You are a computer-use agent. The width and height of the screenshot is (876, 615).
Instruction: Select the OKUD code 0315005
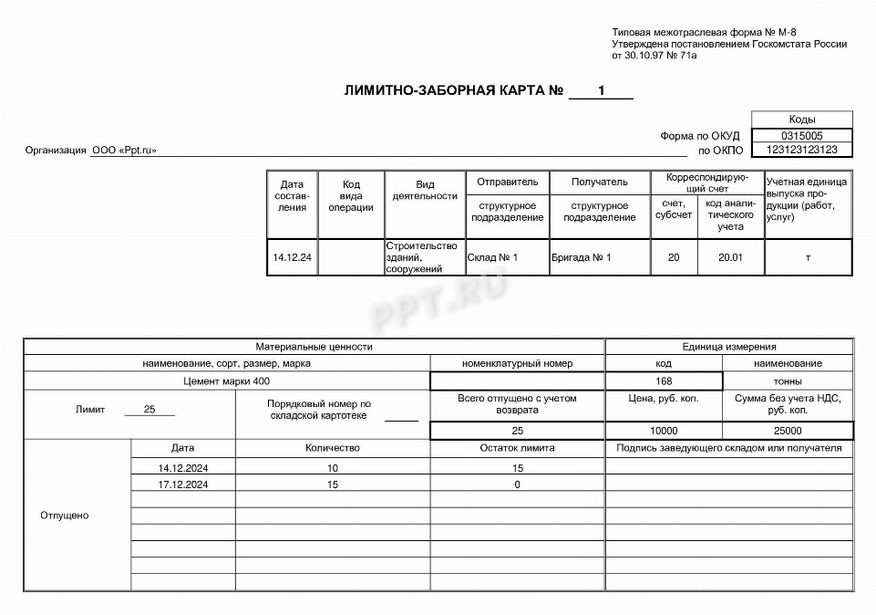pyautogui.click(x=802, y=136)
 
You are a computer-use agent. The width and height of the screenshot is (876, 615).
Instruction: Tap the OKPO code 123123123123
pyautogui.click(x=802, y=150)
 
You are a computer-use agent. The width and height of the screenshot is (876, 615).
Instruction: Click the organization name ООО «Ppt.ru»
pyautogui.click(x=124, y=151)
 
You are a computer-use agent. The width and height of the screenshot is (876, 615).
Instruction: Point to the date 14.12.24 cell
pyautogui.click(x=292, y=257)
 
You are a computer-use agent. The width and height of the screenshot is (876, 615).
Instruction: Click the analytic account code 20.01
pyautogui.click(x=730, y=257)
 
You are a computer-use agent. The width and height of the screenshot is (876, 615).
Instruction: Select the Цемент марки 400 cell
pyautogui.click(x=226, y=380)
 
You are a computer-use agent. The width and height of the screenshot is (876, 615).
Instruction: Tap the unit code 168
pyautogui.click(x=664, y=380)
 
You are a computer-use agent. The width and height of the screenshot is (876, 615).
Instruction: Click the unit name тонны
pyautogui.click(x=788, y=380)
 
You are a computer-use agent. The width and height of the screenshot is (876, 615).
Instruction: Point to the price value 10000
pyautogui.click(x=664, y=431)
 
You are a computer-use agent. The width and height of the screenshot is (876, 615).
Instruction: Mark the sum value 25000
pyautogui.click(x=788, y=431)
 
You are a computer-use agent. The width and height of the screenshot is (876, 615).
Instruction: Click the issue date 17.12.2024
pyautogui.click(x=182, y=485)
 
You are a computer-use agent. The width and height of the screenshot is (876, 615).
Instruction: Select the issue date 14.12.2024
pyautogui.click(x=182, y=468)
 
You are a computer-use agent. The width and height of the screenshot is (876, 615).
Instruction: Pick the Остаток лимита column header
pyautogui.click(x=517, y=448)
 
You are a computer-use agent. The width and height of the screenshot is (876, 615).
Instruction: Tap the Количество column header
pyautogui.click(x=332, y=448)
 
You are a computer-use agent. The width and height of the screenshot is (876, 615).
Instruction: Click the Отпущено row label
pyautogui.click(x=64, y=516)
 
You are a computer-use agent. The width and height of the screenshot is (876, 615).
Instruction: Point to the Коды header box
pyautogui.click(x=802, y=120)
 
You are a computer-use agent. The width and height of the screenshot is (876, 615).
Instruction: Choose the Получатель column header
pyautogui.click(x=600, y=182)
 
